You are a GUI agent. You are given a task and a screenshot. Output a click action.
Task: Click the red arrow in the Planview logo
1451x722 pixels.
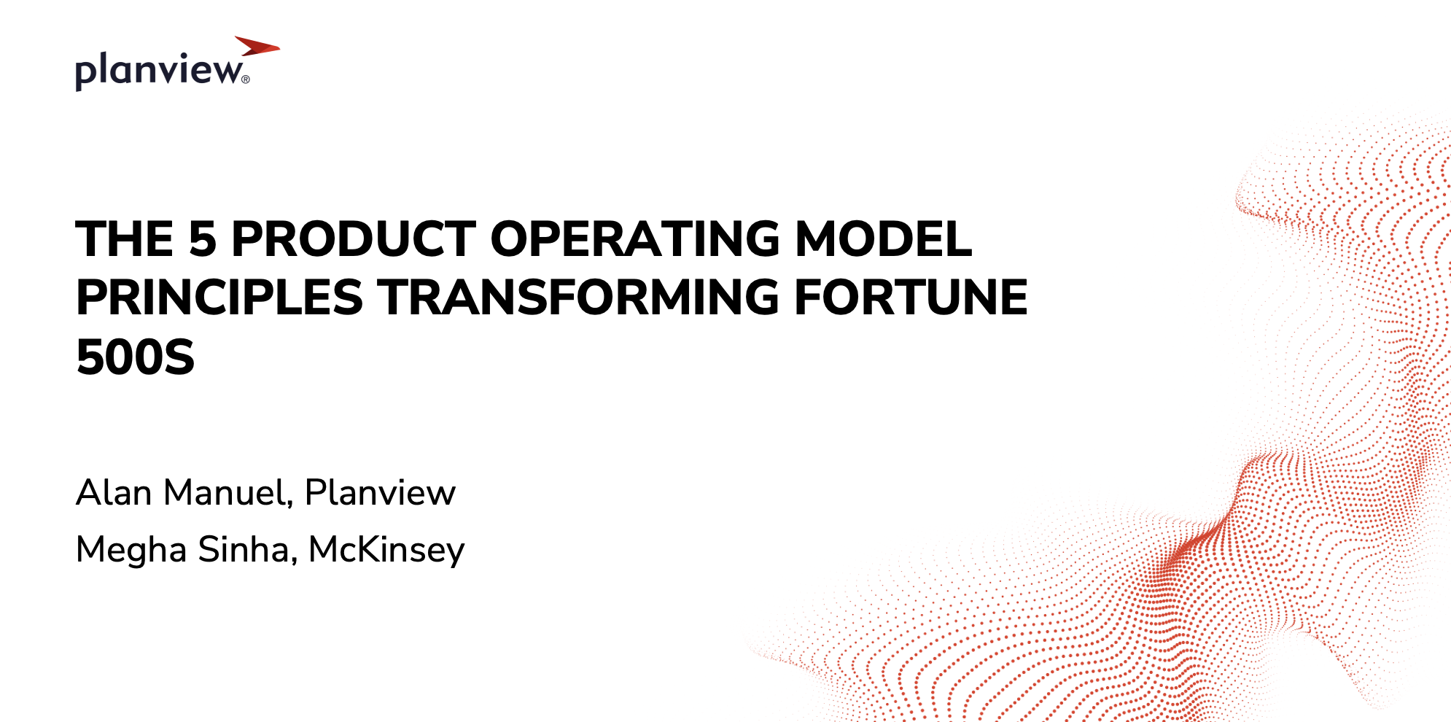[257, 46]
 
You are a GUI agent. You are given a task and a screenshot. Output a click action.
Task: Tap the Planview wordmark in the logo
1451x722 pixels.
[158, 71]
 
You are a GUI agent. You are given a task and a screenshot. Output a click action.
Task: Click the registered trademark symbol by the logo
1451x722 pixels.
[246, 79]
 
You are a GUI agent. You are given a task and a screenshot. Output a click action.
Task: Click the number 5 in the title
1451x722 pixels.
[203, 239]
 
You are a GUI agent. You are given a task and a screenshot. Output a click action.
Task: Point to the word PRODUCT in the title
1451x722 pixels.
[354, 239]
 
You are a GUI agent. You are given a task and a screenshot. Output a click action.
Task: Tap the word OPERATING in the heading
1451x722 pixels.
[635, 239]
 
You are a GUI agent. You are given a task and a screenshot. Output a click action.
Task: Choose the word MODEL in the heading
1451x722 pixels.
[883, 239]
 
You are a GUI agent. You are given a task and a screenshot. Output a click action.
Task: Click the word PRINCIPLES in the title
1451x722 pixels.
[219, 298]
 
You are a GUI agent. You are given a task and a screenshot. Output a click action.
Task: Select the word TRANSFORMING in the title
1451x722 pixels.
[578, 298]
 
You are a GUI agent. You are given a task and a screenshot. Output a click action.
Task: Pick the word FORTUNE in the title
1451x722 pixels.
[911, 298]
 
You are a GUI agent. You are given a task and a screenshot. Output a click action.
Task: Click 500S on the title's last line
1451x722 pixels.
[135, 357]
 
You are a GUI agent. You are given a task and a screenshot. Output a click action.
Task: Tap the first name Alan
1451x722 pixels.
[114, 492]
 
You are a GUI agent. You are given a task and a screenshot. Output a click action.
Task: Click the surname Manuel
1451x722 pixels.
[225, 492]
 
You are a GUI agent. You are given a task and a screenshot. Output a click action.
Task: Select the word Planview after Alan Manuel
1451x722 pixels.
[380, 492]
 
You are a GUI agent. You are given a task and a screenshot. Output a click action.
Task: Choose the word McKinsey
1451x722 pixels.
[386, 551]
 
